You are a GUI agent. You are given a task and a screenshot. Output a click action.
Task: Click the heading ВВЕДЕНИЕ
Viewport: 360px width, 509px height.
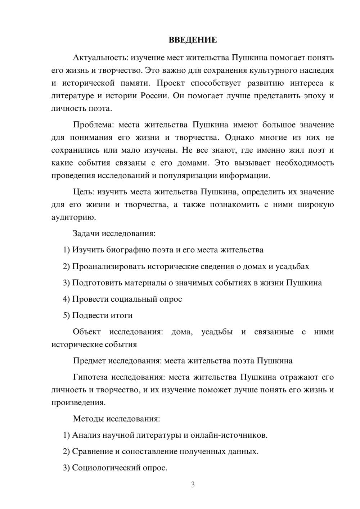tap(193, 40)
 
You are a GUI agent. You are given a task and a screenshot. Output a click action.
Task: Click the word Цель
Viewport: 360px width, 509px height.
tap(84, 192)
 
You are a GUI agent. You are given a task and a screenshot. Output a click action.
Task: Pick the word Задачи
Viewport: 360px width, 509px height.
tap(86, 233)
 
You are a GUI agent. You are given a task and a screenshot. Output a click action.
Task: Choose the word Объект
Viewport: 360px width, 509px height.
tap(87, 332)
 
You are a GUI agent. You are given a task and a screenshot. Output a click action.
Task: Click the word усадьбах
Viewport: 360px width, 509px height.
tap(292, 266)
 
